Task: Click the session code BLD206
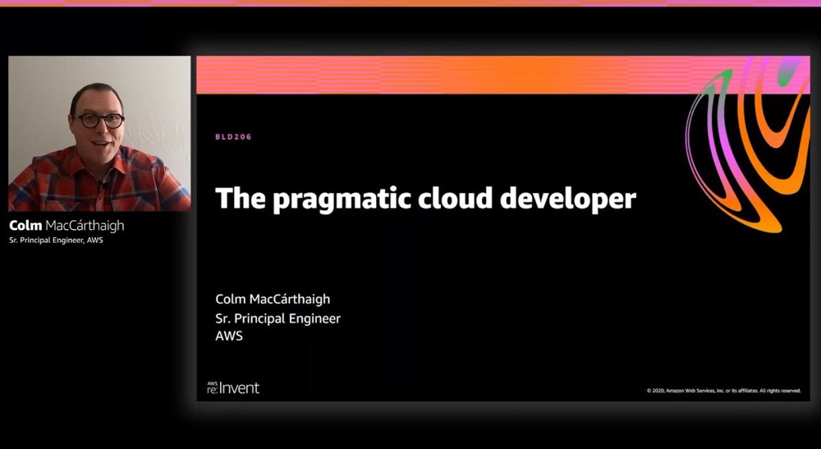pyautogui.click(x=233, y=136)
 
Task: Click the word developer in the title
pyautogui.click(x=568, y=199)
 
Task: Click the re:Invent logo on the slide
pyautogui.click(x=233, y=387)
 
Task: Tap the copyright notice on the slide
pyautogui.click(x=723, y=391)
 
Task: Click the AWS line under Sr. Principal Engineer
pyautogui.click(x=229, y=336)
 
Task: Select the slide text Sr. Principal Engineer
pyautogui.click(x=278, y=318)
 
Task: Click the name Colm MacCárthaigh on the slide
pyautogui.click(x=273, y=300)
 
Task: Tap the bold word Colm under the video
pyautogui.click(x=25, y=226)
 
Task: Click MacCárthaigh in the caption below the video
pyautogui.click(x=85, y=226)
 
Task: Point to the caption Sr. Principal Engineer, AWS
pyautogui.click(x=56, y=241)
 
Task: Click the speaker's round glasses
pyautogui.click(x=99, y=121)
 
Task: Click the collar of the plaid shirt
pyautogui.click(x=99, y=168)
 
